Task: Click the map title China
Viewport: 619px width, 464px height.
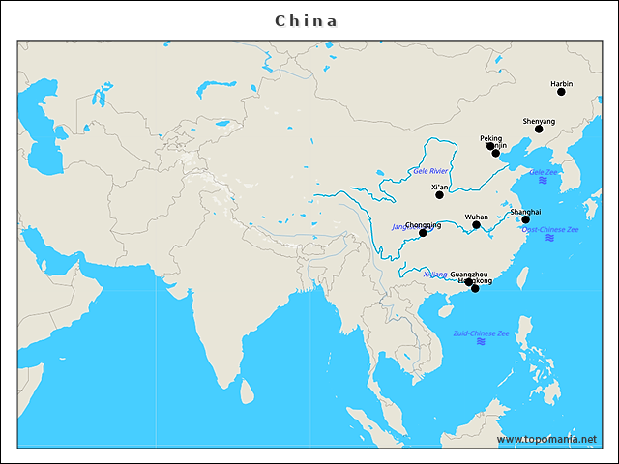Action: pos(307,20)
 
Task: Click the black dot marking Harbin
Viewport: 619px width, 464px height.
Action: pos(561,92)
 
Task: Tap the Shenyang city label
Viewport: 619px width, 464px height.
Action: pos(539,121)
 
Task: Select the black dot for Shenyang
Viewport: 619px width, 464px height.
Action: pos(539,129)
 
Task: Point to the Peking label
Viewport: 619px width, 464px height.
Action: pos(490,138)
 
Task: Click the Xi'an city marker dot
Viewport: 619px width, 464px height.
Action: pos(439,194)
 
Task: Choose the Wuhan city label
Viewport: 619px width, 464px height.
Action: pos(476,217)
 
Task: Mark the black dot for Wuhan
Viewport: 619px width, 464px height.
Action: pos(476,225)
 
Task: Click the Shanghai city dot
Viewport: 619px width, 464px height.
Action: pos(525,219)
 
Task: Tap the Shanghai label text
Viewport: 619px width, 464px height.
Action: pos(525,211)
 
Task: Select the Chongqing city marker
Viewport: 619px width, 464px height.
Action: pos(423,233)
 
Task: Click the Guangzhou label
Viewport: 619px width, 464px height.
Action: pos(468,274)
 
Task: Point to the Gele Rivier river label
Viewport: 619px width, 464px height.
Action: pos(430,170)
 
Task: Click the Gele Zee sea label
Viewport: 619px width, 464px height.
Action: pos(543,172)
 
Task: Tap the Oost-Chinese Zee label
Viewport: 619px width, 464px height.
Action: pos(549,229)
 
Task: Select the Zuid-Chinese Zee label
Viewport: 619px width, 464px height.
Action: pos(481,333)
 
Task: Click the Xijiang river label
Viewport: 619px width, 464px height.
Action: pos(435,274)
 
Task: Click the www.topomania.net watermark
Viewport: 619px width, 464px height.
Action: pos(546,439)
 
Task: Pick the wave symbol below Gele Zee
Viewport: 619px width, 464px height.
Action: pos(543,181)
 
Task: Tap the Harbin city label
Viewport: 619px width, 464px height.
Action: pos(561,84)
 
